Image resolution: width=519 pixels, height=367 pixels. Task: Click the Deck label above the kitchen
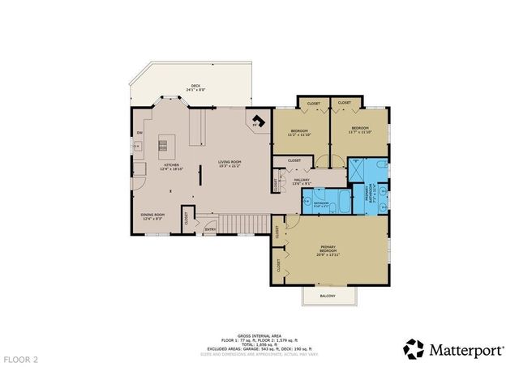pyautogui.click(x=195, y=87)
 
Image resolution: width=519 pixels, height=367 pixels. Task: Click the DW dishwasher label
pyautogui.click(x=139, y=133)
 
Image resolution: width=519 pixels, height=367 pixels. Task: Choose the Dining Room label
pyautogui.click(x=152, y=216)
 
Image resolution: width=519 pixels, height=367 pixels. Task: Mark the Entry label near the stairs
pyautogui.click(x=211, y=229)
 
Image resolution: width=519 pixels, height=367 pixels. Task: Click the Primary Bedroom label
pyautogui.click(x=328, y=250)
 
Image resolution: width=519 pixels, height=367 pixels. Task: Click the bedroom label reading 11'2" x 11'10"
pyautogui.click(x=298, y=131)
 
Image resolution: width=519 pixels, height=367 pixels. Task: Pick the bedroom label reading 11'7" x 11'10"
pyautogui.click(x=358, y=129)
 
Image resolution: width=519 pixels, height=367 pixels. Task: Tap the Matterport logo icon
pyautogui.click(x=414, y=348)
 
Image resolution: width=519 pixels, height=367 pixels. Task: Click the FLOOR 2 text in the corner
pyautogui.click(x=19, y=357)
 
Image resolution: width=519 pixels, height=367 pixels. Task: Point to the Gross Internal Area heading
pyautogui.click(x=259, y=334)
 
